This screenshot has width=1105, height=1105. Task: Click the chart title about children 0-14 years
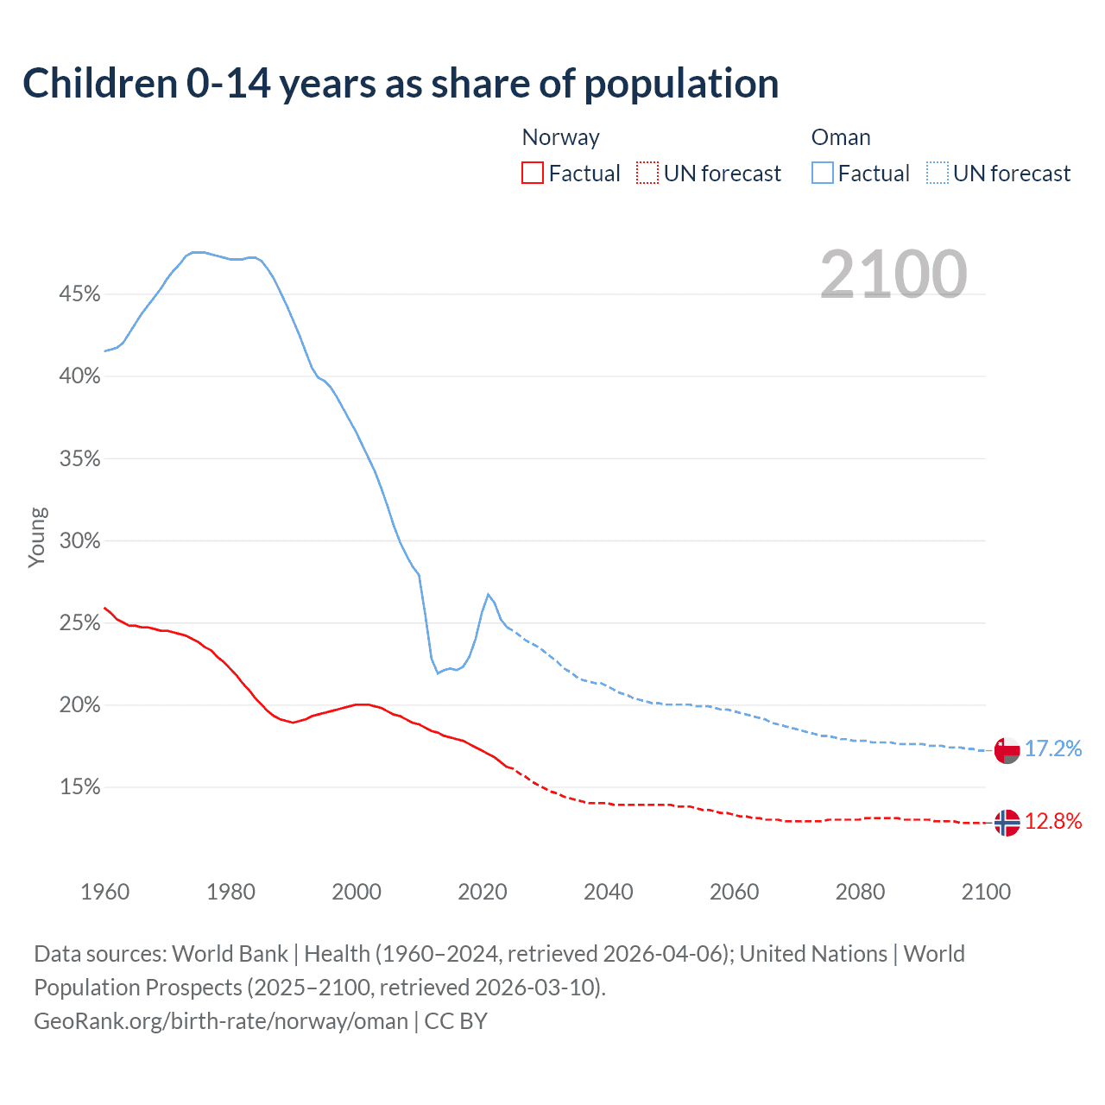point(401,84)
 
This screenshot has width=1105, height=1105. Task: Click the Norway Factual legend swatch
point(533,174)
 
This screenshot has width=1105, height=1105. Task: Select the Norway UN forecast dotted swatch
point(647,174)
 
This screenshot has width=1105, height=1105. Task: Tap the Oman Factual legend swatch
point(822,174)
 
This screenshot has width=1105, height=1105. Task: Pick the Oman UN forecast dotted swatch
point(937,174)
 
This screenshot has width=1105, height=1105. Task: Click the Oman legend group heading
point(841,137)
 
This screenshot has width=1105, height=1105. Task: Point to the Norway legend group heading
point(560,137)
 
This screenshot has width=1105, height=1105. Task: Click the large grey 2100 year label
point(893,275)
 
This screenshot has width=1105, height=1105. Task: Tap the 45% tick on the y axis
point(79,294)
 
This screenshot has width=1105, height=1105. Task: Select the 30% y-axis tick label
point(79,541)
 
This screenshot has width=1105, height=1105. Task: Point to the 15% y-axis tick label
point(79,787)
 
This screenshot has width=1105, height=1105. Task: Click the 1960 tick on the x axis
point(104,892)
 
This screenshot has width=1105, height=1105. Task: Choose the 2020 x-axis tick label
point(482,892)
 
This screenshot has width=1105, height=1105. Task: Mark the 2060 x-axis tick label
point(734,892)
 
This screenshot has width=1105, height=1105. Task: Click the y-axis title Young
point(37,537)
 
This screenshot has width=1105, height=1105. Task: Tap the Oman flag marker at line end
point(1007,749)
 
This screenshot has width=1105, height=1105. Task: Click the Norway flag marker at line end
point(1007,823)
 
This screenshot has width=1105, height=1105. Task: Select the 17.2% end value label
point(1053,748)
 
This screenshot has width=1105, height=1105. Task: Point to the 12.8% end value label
point(1053,821)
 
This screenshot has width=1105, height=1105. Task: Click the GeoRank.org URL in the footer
point(221,1021)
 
